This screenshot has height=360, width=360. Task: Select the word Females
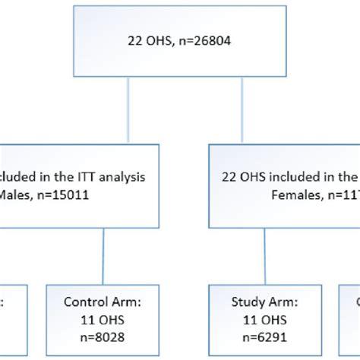tap(295, 194)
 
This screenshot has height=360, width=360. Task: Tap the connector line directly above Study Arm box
tap(265, 257)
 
